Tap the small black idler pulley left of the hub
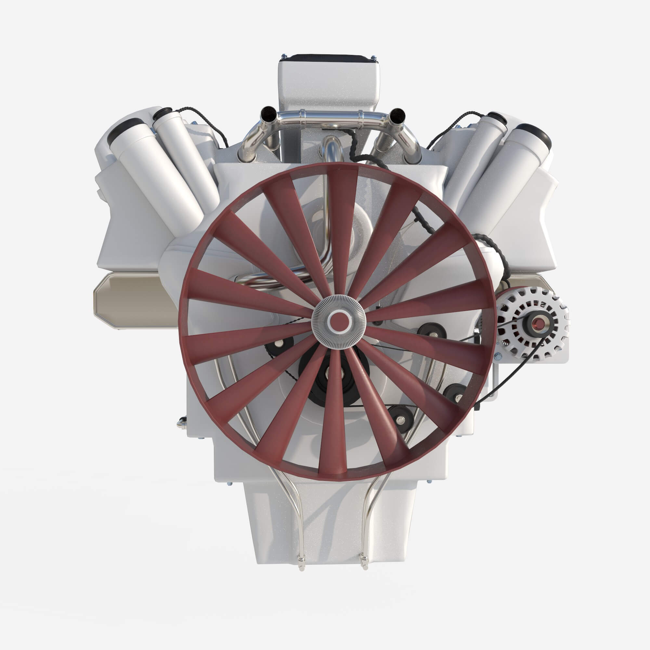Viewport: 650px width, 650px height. click(x=279, y=345)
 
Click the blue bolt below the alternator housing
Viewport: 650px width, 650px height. click(x=498, y=356)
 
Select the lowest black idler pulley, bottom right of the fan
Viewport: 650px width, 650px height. click(x=400, y=419)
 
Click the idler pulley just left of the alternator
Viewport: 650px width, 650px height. click(x=432, y=331)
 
